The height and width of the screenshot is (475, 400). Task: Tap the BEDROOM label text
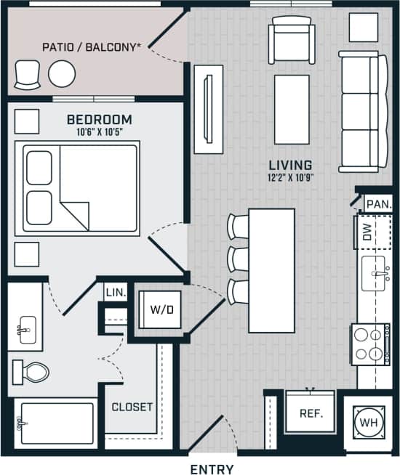(99, 119)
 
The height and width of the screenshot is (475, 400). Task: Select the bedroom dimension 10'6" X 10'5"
(99, 132)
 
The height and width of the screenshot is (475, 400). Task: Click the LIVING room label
(289, 165)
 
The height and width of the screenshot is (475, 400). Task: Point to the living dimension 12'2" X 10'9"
(289, 176)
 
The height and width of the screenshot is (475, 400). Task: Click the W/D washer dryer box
(161, 309)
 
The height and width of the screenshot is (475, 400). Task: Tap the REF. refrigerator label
(311, 413)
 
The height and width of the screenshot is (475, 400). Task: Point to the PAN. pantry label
(378, 205)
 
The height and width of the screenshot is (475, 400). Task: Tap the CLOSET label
(132, 407)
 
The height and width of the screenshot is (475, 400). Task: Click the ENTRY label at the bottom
(212, 469)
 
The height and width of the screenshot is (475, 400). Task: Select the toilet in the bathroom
(31, 373)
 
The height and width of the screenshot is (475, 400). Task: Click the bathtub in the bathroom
(55, 423)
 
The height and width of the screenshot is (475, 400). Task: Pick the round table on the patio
(62, 73)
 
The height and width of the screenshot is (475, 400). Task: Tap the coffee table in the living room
(292, 110)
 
